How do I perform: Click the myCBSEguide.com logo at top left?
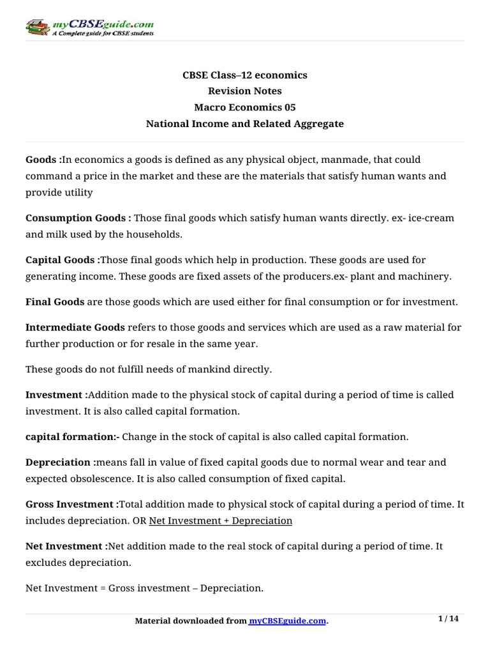[x=89, y=27]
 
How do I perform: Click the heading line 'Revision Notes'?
[x=245, y=91]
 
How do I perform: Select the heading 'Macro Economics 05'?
[x=245, y=107]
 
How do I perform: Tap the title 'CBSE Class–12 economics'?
[x=245, y=75]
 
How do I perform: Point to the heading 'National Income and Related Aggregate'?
[x=245, y=124]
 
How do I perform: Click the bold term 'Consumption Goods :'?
[x=78, y=218]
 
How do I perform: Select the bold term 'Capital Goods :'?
[x=63, y=261]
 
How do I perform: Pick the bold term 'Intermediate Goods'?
[x=75, y=328]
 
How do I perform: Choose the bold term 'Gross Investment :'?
[x=72, y=504]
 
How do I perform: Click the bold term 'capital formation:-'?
[x=73, y=437]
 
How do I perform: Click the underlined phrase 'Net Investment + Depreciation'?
[x=220, y=521]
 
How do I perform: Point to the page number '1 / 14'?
[x=449, y=619]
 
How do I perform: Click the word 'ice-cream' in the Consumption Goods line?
[x=433, y=218]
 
